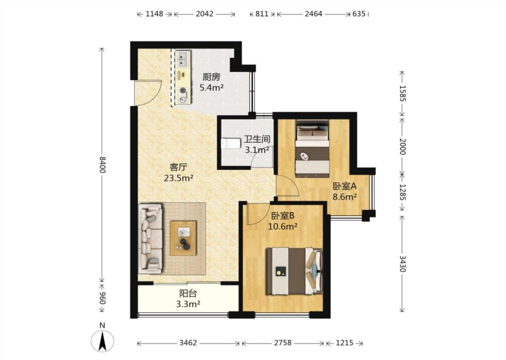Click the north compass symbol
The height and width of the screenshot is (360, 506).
[x=102, y=341]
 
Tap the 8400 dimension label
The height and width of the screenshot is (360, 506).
[x=102, y=165]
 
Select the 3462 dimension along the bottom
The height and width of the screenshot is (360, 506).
[x=188, y=343]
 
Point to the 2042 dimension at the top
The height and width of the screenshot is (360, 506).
[x=205, y=14]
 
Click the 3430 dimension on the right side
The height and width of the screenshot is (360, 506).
[x=402, y=264]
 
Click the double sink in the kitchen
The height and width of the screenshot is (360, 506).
[x=183, y=59]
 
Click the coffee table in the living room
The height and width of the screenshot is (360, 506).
[x=184, y=238]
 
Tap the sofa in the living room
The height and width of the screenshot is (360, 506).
[x=150, y=238]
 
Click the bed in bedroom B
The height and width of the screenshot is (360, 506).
[x=294, y=271]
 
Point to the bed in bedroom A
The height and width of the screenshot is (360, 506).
[x=313, y=148]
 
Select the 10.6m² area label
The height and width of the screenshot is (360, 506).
[x=283, y=227]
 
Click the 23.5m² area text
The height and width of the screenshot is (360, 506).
[x=179, y=178]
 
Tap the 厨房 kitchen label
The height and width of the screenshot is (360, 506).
[x=211, y=77]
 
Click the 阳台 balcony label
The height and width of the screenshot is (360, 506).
[x=188, y=293]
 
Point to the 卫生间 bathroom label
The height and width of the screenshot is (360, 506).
[x=257, y=139]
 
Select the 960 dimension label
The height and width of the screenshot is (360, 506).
[x=102, y=298]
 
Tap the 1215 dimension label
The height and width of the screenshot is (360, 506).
[x=345, y=343]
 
